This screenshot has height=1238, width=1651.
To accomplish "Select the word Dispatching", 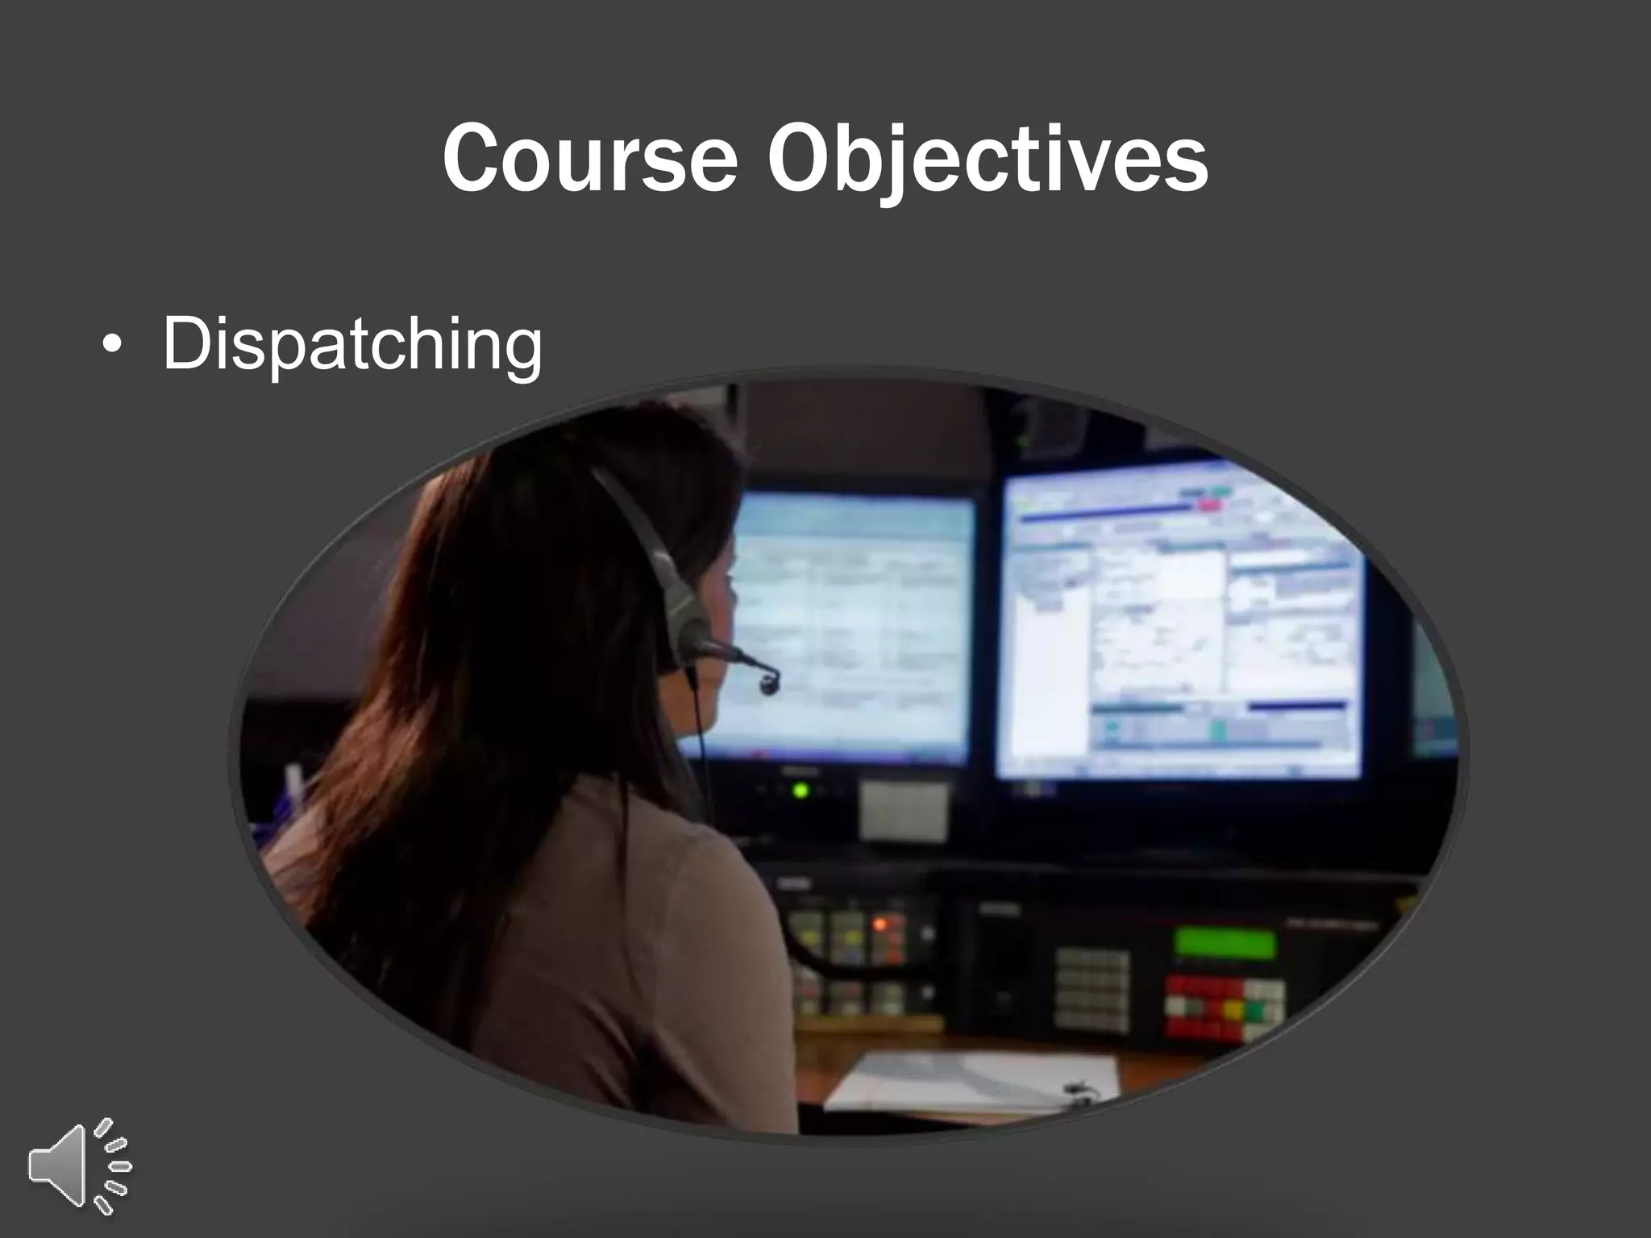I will click(352, 345).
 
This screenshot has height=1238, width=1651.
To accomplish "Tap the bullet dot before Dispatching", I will click(112, 346).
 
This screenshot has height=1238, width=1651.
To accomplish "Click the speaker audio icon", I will click(79, 1165).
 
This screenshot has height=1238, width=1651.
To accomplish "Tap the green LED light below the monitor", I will click(800, 791).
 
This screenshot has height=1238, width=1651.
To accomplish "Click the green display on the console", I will click(1225, 943).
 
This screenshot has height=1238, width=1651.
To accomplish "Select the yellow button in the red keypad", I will click(1233, 1008).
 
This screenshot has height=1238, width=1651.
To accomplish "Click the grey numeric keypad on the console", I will click(1092, 991).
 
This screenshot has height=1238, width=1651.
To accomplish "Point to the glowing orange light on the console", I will click(880, 924).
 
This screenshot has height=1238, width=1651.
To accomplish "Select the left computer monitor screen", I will click(846, 629).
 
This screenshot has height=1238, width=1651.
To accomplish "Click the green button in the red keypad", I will click(1254, 1008).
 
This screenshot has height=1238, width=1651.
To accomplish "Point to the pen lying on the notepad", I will click(1080, 1093).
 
